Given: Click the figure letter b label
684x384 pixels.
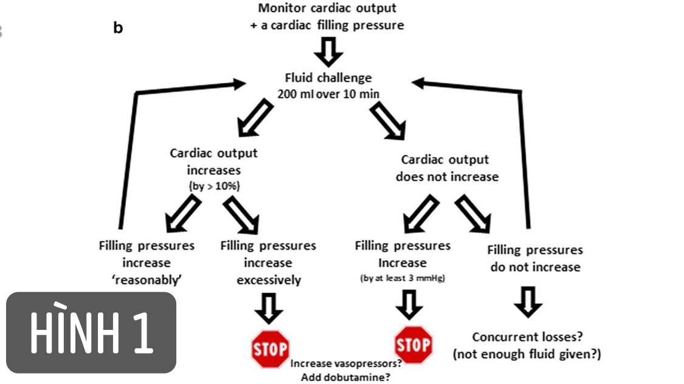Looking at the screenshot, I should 119,28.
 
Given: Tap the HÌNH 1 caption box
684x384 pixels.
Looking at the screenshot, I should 91,332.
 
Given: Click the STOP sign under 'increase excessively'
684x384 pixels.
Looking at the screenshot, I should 269,349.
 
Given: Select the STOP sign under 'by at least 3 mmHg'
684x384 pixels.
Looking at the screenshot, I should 413,345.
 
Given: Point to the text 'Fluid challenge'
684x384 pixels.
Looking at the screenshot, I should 328,78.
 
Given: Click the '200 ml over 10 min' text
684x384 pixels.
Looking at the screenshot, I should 328,94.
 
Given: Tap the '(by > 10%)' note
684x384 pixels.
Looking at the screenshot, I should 213,187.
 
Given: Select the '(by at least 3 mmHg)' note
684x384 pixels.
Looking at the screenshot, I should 402,279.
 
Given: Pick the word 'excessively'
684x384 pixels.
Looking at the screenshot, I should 268,280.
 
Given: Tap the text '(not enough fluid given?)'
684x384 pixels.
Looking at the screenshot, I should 527,354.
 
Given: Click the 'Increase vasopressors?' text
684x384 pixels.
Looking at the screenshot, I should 346,363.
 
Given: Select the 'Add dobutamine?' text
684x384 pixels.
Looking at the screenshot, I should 346,377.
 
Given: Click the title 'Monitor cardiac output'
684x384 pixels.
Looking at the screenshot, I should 327,9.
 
